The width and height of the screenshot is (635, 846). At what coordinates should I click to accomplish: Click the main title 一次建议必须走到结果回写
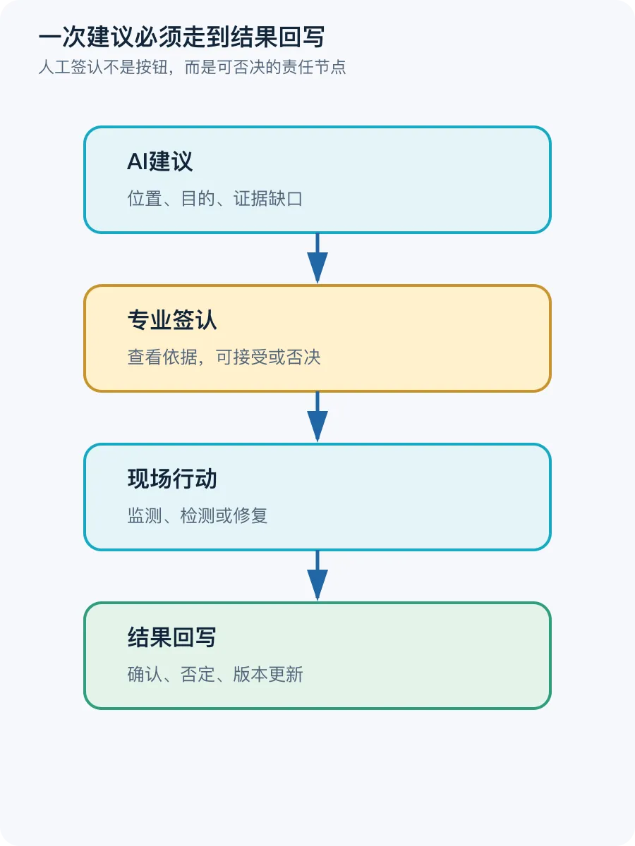181,37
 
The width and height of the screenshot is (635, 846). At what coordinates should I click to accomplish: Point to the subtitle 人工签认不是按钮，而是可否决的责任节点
192,67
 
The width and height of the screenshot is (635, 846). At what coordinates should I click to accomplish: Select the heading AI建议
159,161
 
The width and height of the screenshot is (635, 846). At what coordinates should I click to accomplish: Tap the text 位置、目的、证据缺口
214,199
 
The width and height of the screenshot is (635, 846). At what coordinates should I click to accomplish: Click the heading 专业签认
172,319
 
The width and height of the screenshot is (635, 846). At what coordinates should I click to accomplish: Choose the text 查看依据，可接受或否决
224,357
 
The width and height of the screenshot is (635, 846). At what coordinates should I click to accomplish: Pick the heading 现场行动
172,479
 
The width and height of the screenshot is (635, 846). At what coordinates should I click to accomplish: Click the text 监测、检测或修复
198,515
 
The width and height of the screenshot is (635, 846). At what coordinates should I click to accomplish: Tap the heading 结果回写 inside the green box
172,637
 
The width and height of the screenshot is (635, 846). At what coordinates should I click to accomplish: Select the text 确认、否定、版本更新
214,675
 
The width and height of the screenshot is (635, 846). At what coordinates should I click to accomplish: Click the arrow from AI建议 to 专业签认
317,258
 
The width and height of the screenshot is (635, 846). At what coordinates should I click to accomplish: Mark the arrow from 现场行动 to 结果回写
317,575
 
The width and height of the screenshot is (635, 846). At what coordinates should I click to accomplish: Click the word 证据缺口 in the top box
267,199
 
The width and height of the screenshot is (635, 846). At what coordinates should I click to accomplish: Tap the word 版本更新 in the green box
267,675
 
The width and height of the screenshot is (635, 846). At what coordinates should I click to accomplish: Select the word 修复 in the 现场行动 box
250,515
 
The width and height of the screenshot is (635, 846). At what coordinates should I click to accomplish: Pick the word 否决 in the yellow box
303,357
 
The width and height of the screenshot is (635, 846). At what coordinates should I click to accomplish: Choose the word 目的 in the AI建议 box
198,199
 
